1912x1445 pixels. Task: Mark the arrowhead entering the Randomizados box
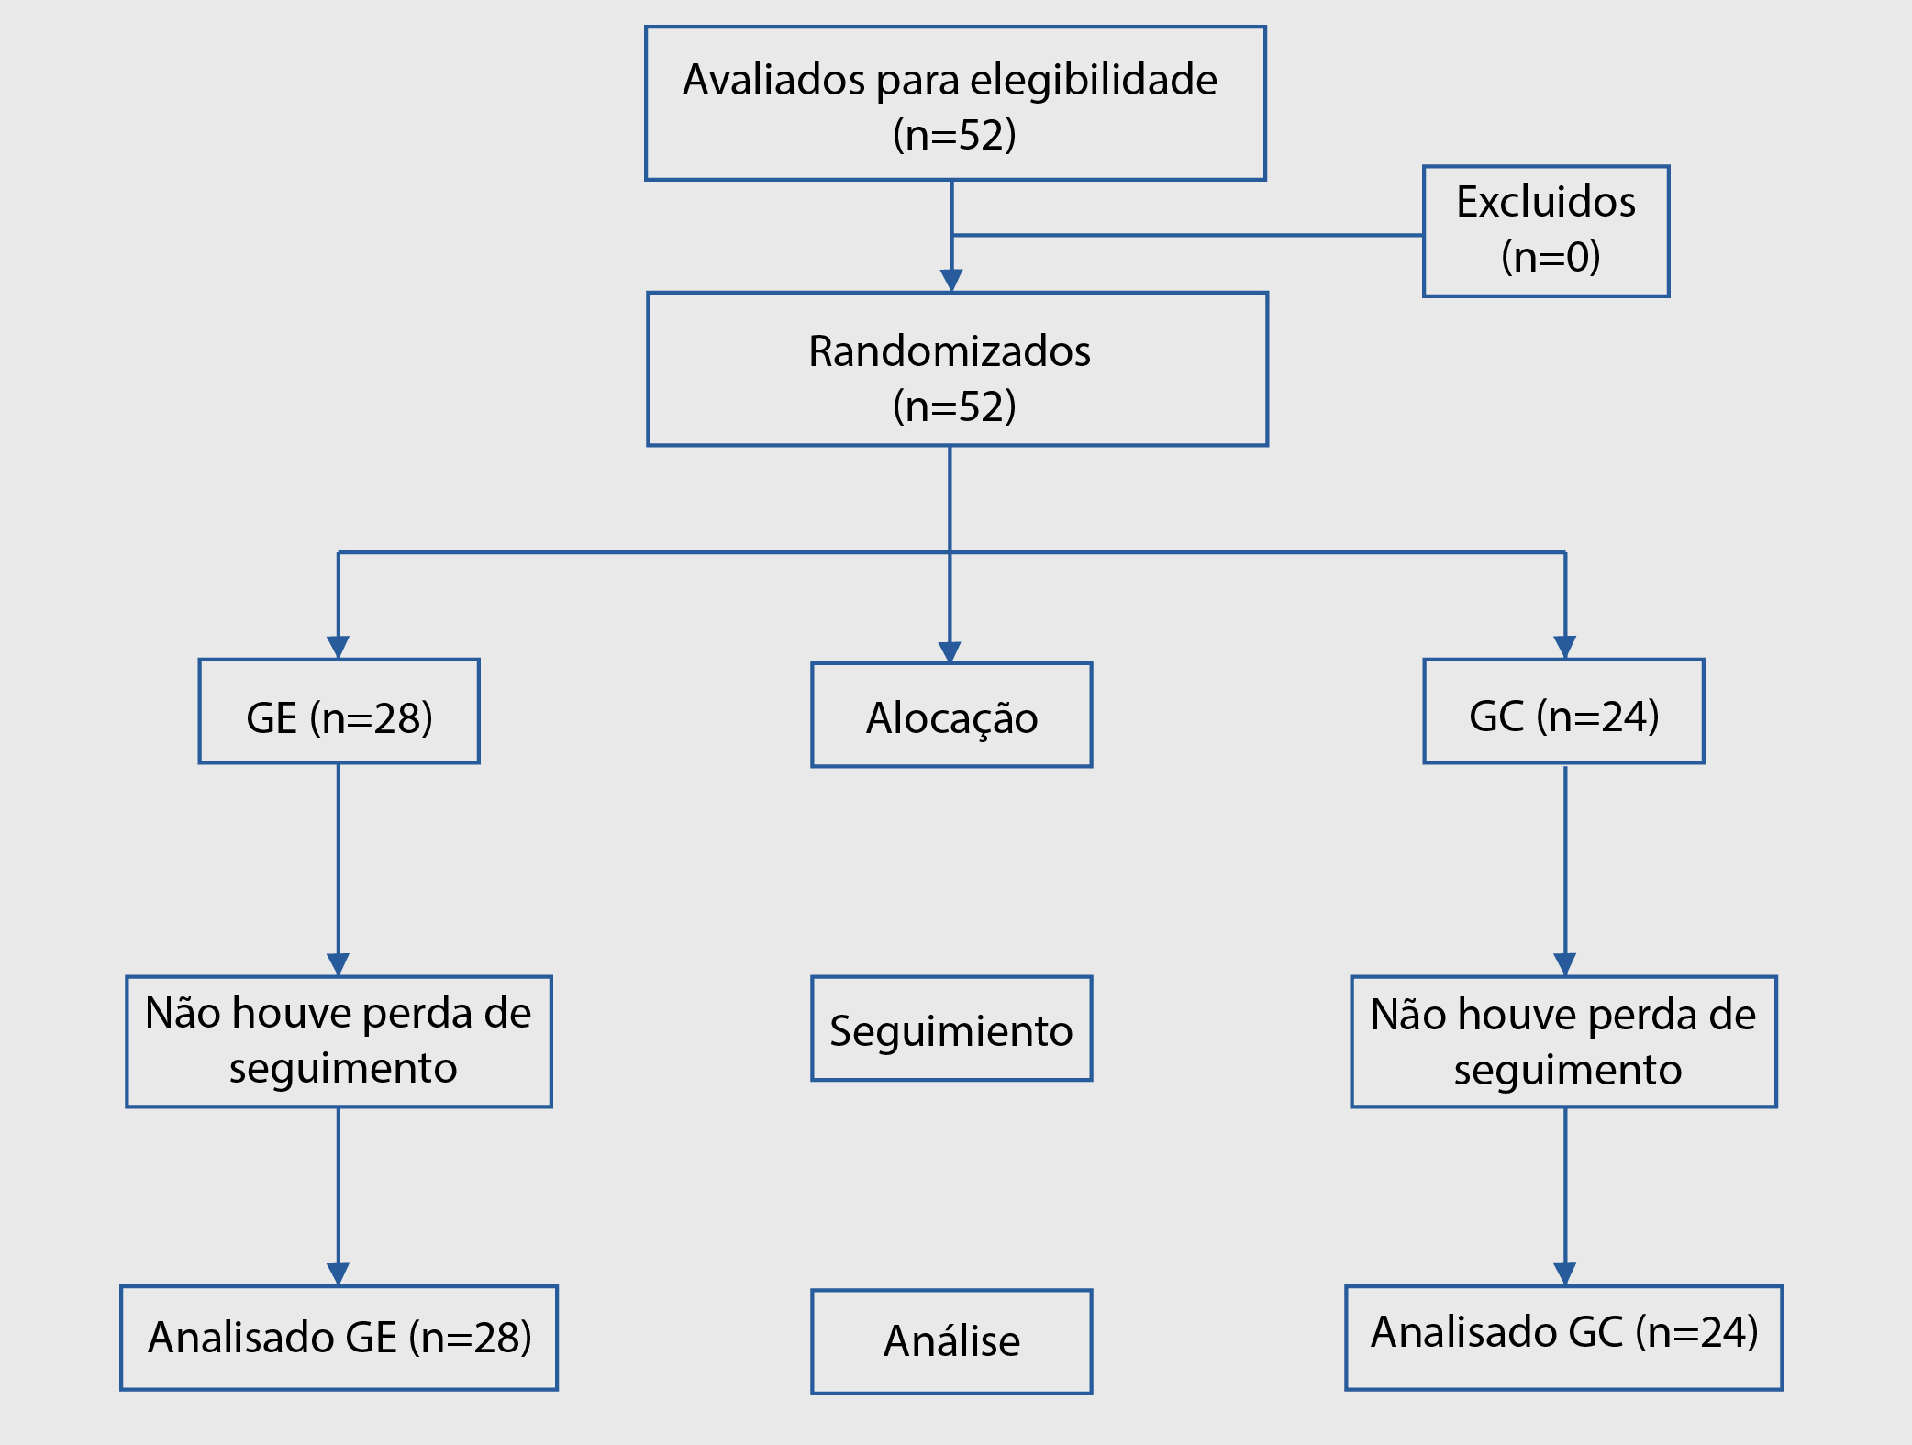(951, 280)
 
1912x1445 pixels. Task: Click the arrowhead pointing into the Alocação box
(950, 651)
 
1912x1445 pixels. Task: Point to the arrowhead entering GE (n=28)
(339, 647)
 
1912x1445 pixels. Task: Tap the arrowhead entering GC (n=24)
(1565, 647)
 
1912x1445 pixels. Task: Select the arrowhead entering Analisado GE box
(339, 1273)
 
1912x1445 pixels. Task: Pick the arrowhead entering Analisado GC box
(1565, 1273)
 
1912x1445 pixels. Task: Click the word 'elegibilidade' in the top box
(1094, 82)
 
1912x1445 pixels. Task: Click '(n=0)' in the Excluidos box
(1551, 256)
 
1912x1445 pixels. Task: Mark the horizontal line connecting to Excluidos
(1187, 235)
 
